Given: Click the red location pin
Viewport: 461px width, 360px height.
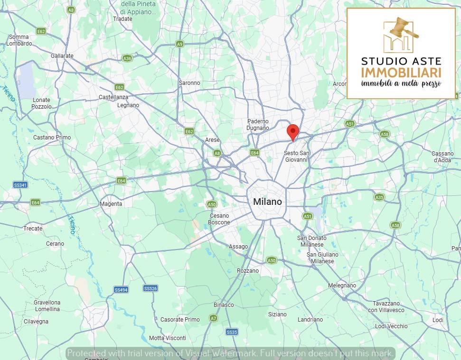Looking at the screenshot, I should pos(293,131).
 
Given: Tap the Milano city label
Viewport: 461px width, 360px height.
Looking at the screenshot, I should pos(267,202).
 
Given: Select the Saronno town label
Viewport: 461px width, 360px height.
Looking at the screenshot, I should pos(189,83).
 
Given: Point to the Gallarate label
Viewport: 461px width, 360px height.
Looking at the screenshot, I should pos(62,56).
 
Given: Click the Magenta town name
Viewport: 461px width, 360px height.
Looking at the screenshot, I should pos(111,204).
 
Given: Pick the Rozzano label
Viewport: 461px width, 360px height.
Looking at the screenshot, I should pos(248,271).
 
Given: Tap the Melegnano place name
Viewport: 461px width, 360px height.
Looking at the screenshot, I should pos(342,286).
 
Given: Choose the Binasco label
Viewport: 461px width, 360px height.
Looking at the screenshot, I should pos(224,305).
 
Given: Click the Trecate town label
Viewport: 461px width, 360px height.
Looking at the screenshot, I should pos(33,229).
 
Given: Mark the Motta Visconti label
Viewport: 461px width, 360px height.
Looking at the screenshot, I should pos(168,338).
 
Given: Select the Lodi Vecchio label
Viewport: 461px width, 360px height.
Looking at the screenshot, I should pos(391,326).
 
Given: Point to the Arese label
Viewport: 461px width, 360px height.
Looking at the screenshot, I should pos(212,140).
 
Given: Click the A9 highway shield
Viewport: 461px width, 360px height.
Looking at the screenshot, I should pos(179,44).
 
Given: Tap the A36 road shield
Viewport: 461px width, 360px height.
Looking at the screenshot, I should pos(127,58).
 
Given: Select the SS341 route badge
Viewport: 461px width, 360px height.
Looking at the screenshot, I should pos(20,185).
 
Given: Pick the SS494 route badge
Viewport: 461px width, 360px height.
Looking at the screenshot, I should pos(121,290).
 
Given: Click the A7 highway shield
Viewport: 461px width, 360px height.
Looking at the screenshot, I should pos(213,318).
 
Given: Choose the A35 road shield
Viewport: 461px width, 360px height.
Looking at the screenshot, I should pos(379,197).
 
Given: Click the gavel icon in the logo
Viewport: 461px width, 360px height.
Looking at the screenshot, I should pos(403,29).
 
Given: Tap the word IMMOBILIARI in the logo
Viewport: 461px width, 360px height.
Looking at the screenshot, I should pos(401,73).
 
